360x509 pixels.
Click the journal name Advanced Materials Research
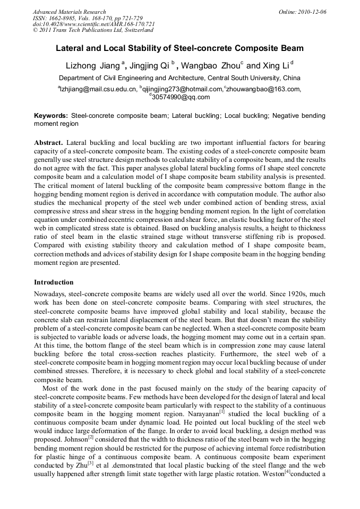69,12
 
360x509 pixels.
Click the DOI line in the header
93,24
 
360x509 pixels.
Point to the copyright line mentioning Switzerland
93,30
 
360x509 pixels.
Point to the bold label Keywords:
51,115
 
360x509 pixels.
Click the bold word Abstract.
48,143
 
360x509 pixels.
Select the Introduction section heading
54,282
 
